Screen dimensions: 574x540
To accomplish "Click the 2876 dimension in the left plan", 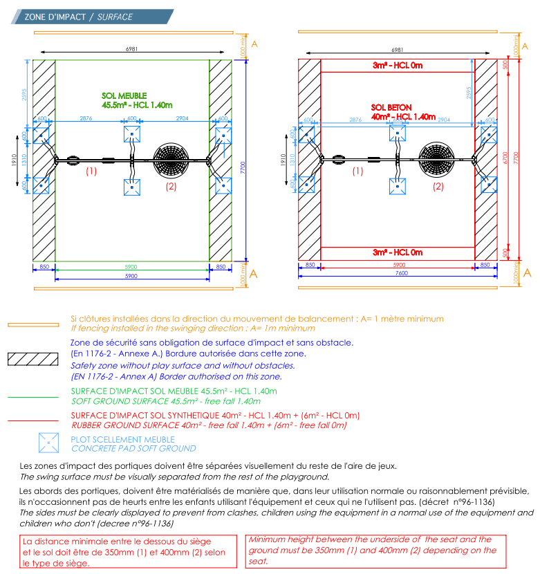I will coord(86,120).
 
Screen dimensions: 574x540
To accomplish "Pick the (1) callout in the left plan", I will coord(91,170).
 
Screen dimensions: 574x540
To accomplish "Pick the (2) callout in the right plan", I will coord(438,186).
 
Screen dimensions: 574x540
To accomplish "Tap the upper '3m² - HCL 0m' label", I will coord(398,66).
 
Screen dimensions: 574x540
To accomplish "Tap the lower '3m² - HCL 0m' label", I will coord(398,252).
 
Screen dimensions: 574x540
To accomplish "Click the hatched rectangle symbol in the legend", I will coord(32,359).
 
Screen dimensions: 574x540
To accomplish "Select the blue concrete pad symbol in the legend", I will coord(48,443).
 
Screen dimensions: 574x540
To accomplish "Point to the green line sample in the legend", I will coord(32,397).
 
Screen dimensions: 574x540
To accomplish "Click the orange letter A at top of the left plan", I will coord(254,44).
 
